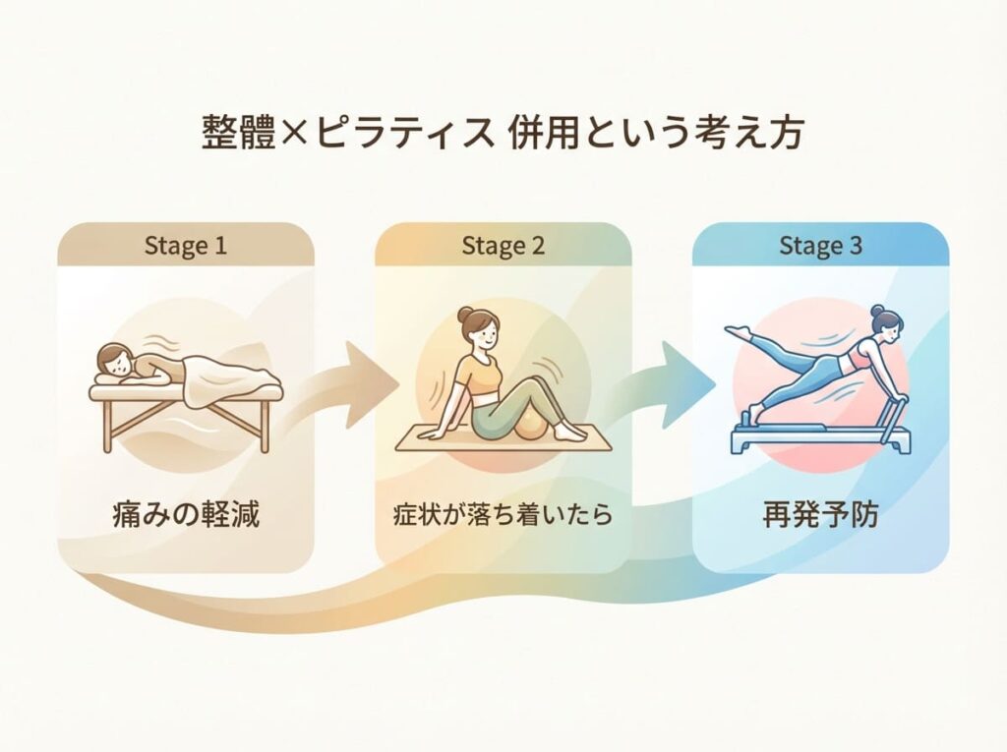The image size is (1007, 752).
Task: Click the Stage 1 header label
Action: click(x=186, y=246)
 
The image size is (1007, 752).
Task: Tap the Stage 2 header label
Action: click(x=503, y=246)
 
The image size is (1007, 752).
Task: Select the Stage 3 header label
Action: click(x=820, y=246)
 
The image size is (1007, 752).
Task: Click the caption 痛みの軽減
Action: click(x=186, y=515)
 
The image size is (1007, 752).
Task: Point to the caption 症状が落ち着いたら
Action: click(x=503, y=515)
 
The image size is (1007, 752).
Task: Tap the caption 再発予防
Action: click(x=820, y=515)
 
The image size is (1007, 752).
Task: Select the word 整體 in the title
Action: click(x=239, y=133)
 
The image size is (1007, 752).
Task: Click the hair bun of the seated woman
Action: click(x=465, y=315)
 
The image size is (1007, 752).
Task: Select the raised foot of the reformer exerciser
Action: click(x=738, y=331)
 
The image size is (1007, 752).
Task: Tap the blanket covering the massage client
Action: click(x=225, y=378)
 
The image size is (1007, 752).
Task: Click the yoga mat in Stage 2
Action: click(x=503, y=438)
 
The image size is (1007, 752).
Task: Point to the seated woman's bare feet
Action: click(x=569, y=433)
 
